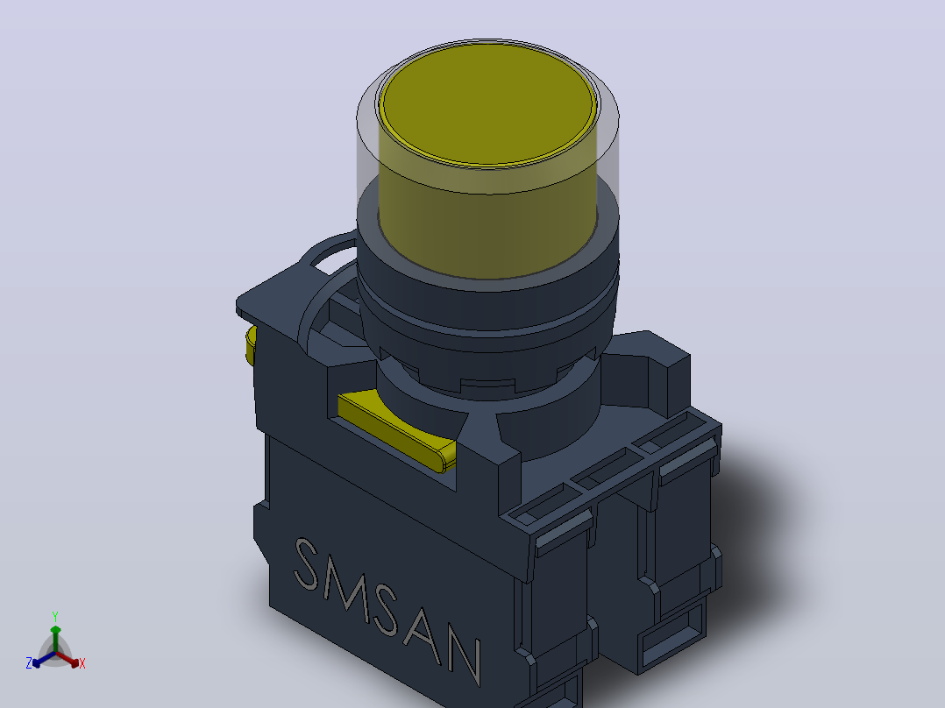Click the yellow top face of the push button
click(489, 103)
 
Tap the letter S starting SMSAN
click(307, 564)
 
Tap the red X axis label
click(82, 663)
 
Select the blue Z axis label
click(29, 663)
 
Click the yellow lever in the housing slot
click(396, 428)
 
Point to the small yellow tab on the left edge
click(251, 345)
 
